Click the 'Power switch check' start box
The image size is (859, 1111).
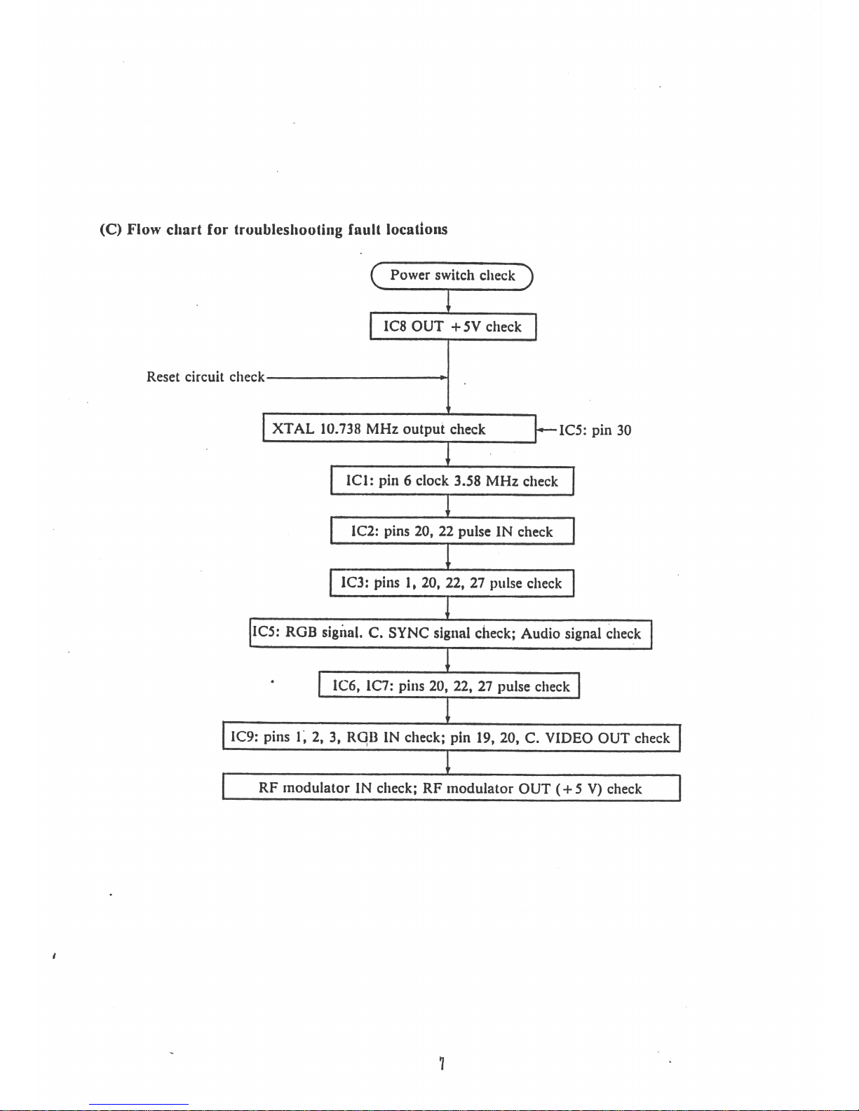click(x=452, y=275)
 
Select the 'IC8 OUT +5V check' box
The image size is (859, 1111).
click(x=453, y=327)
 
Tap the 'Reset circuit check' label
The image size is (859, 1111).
click(x=205, y=377)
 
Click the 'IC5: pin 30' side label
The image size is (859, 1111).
click(x=595, y=430)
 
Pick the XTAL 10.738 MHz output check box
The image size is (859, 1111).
click(x=399, y=429)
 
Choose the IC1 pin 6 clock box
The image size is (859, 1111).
click(x=452, y=481)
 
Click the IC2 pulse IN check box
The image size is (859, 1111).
click(x=452, y=531)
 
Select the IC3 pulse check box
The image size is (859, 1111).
click(x=452, y=583)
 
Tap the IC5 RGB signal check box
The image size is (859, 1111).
click(x=451, y=634)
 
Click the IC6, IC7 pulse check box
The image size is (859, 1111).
click(x=449, y=686)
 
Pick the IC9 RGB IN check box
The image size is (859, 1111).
click(x=451, y=737)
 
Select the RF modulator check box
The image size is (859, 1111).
click(x=451, y=789)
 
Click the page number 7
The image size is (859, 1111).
click(x=442, y=1063)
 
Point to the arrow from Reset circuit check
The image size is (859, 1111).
click(x=358, y=377)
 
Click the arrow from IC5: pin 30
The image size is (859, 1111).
click(x=546, y=430)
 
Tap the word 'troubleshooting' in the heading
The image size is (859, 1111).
click(x=288, y=230)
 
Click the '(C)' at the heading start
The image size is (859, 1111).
click(x=110, y=230)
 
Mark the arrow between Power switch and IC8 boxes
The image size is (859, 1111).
click(x=448, y=301)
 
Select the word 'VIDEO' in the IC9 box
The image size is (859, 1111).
click(x=569, y=737)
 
